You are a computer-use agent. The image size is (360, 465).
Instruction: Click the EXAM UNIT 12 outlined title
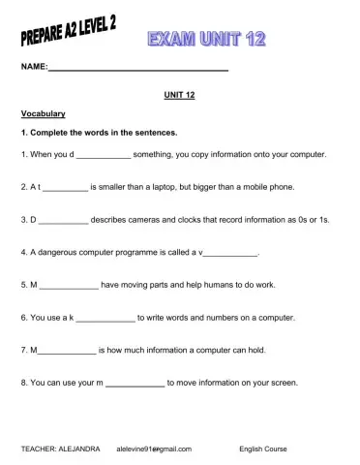(x=206, y=39)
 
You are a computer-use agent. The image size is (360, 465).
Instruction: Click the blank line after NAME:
(x=138, y=70)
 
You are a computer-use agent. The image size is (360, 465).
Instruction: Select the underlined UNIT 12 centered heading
(x=180, y=95)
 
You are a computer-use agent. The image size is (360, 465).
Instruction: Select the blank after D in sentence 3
(x=64, y=220)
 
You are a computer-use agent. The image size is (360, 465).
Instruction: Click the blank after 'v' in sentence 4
(x=231, y=252)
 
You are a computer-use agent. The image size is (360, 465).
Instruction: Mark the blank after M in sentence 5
(x=69, y=285)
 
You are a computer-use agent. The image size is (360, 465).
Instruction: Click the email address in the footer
(x=154, y=449)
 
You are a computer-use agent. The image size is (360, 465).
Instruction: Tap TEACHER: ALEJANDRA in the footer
(x=60, y=449)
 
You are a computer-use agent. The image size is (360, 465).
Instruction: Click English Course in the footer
(x=265, y=449)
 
